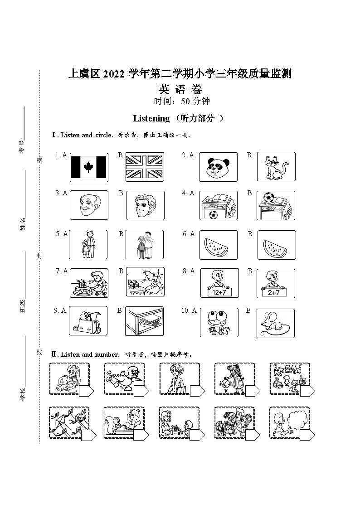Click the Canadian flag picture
pyautogui.click(x=89, y=167)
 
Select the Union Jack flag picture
pyautogui.click(x=145, y=167)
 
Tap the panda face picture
pyautogui.click(x=218, y=167)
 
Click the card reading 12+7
pyautogui.click(x=219, y=292)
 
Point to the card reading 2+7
pyautogui.click(x=275, y=293)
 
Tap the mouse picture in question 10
pyautogui.click(x=275, y=323)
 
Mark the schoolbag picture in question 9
pyautogui.click(x=88, y=321)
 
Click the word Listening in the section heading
pyautogui.click(x=151, y=119)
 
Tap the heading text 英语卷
pyautogui.click(x=180, y=89)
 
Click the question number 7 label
pyautogui.click(x=58, y=271)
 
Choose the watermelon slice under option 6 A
pyautogui.click(x=219, y=245)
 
